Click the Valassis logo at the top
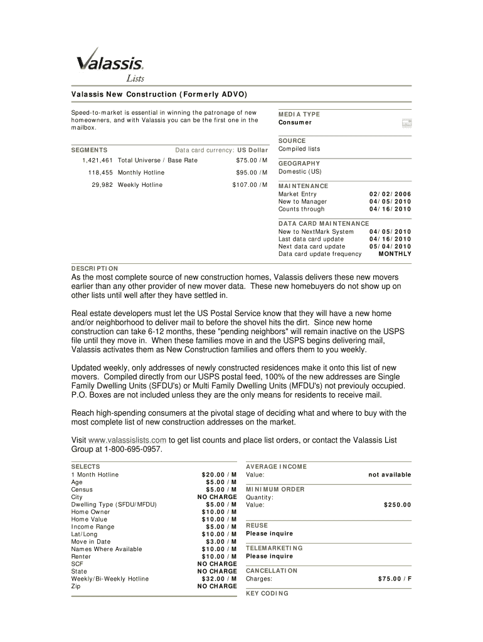coord(110,63)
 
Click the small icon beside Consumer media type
coord(406,123)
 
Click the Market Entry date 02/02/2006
coord(390,194)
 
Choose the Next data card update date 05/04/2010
coord(390,246)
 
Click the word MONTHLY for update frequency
coord(395,254)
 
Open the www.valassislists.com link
coord(127,440)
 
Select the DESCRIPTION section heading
coord(94,268)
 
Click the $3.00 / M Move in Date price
coord(221,542)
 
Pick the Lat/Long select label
coord(84,534)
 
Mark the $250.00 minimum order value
coord(397,505)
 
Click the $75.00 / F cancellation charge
coord(395,579)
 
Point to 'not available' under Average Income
coord(390,475)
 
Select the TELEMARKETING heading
coord(274,548)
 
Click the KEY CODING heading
coord(267,593)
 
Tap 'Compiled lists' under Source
coord(299,149)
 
